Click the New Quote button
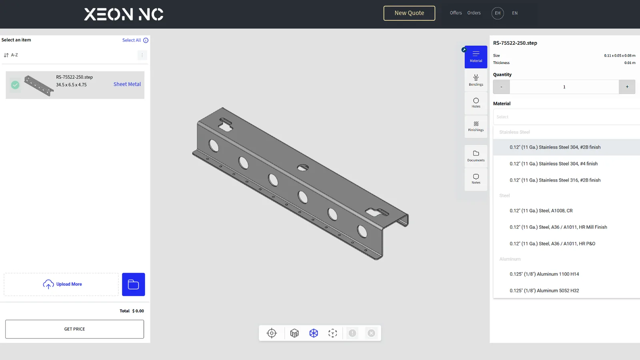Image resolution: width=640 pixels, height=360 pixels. [409, 13]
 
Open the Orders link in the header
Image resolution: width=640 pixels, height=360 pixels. [474, 13]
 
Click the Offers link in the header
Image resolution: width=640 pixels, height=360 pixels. [456, 13]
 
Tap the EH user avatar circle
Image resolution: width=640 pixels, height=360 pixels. [498, 13]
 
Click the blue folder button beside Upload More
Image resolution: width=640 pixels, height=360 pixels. [134, 284]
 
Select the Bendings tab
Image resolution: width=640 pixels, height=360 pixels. [476, 80]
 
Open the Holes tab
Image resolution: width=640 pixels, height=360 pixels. [476, 103]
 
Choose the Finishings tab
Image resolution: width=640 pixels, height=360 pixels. [476, 126]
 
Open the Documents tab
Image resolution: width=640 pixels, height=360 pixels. [476, 156]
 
